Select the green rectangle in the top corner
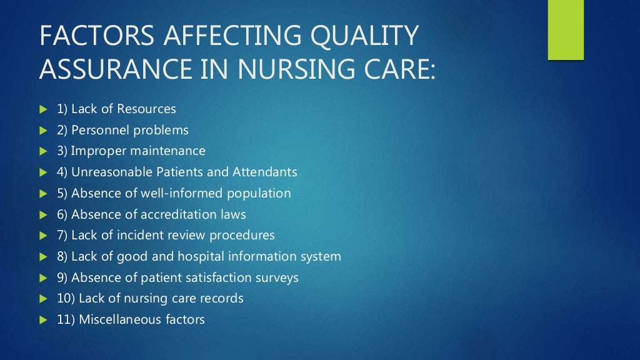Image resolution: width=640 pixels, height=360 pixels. tap(566, 30)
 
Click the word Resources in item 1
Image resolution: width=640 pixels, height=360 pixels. tap(146, 109)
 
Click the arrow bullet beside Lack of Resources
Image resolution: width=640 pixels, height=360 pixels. tap(43, 109)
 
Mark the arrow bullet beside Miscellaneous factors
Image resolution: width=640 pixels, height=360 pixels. tap(43, 320)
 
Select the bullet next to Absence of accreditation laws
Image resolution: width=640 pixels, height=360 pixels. tap(43, 214)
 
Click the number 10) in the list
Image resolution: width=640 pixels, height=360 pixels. tap(65, 299)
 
